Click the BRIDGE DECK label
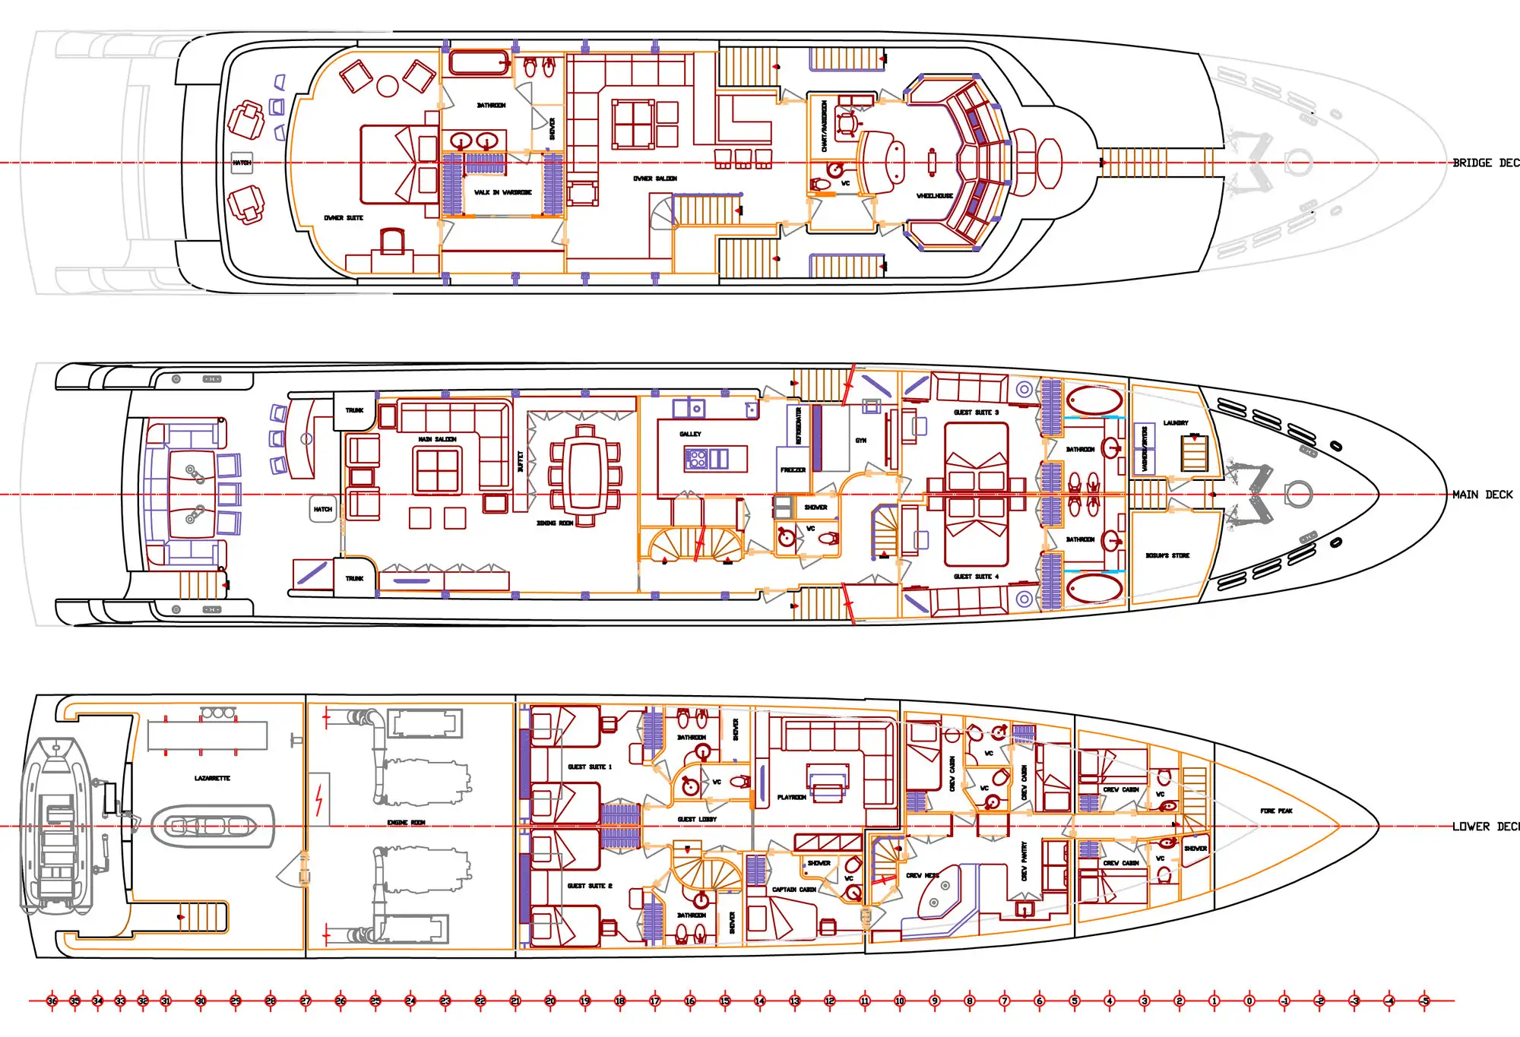pyautogui.click(x=1485, y=163)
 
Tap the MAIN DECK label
pyautogui.click(x=1482, y=495)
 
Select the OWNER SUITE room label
pyautogui.click(x=344, y=218)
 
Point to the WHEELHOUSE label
pyautogui.click(x=934, y=196)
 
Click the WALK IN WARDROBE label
pyautogui.click(x=502, y=192)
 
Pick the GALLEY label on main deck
pyautogui.click(x=690, y=434)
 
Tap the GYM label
pyautogui.click(x=860, y=441)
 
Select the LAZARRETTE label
pyautogui.click(x=212, y=779)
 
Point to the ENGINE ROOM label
pyautogui.click(x=406, y=823)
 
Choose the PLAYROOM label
pyautogui.click(x=791, y=798)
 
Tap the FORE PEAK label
pyautogui.click(x=1276, y=811)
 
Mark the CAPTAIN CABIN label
pyautogui.click(x=793, y=890)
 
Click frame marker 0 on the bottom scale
pyautogui.click(x=1249, y=1001)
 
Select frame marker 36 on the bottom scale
pyautogui.click(x=52, y=1001)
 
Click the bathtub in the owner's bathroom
pyautogui.click(x=479, y=63)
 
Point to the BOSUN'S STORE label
pyautogui.click(x=1167, y=556)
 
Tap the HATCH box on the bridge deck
pyautogui.click(x=242, y=163)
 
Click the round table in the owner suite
pyautogui.click(x=388, y=87)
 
